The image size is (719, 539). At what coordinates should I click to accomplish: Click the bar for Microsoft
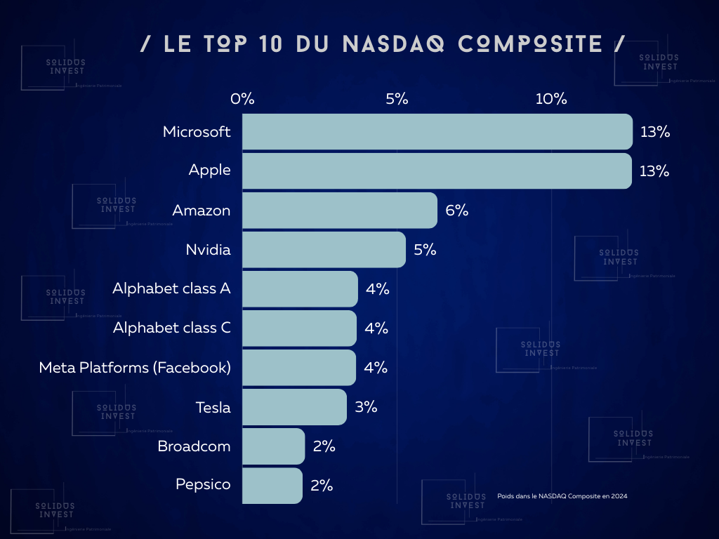pyautogui.click(x=437, y=132)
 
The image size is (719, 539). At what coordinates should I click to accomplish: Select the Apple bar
pyautogui.click(x=437, y=171)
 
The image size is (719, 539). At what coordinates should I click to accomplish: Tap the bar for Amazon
pyautogui.click(x=340, y=211)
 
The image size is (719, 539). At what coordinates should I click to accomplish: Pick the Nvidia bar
pyautogui.click(x=324, y=250)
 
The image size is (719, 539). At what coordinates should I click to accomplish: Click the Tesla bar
pyautogui.click(x=294, y=407)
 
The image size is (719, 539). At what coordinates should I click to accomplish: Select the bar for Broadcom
pyautogui.click(x=273, y=446)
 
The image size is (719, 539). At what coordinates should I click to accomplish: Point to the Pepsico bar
pyautogui.click(x=272, y=486)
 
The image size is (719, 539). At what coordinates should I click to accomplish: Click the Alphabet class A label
pyautogui.click(x=171, y=288)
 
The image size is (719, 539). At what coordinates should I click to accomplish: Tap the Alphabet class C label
pyautogui.click(x=171, y=328)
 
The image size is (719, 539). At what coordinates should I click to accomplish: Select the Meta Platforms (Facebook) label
pyautogui.click(x=135, y=367)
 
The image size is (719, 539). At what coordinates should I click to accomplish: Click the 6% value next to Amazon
pyautogui.click(x=456, y=211)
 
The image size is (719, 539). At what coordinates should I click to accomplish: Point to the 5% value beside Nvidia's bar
pyautogui.click(x=425, y=250)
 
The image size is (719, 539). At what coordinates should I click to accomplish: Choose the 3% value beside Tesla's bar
pyautogui.click(x=366, y=407)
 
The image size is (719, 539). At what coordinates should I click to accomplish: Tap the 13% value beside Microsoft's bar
pyautogui.click(x=654, y=132)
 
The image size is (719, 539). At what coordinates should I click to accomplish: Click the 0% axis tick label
pyautogui.click(x=242, y=99)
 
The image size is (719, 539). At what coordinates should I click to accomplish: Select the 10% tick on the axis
pyautogui.click(x=551, y=99)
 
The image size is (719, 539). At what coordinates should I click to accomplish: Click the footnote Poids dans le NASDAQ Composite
pyautogui.click(x=562, y=496)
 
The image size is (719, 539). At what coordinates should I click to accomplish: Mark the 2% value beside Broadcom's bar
pyautogui.click(x=324, y=446)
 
